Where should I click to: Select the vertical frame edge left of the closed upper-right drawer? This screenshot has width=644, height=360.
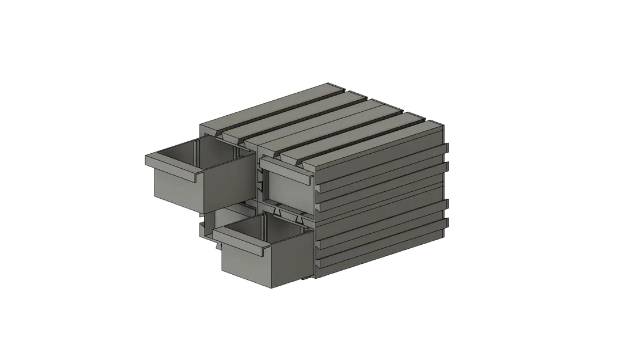click(258, 184)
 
